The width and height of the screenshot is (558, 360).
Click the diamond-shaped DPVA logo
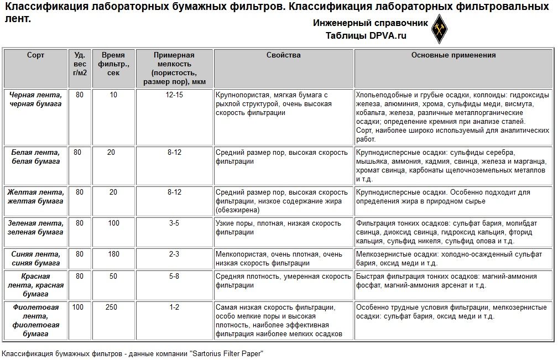439,29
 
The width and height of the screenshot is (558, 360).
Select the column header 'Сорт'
36,55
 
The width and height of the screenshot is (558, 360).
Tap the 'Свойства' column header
283,55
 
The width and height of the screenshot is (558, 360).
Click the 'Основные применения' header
453,55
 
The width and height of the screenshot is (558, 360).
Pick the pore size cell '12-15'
174,95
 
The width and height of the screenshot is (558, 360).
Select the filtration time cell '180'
113,254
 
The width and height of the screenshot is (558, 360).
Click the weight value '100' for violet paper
80,307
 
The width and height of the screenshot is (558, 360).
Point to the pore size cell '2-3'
174,254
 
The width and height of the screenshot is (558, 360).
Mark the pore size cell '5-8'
174,276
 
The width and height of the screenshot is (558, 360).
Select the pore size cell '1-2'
174,307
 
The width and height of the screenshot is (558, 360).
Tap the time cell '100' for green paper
113,223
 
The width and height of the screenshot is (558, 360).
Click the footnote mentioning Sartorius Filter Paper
133,353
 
